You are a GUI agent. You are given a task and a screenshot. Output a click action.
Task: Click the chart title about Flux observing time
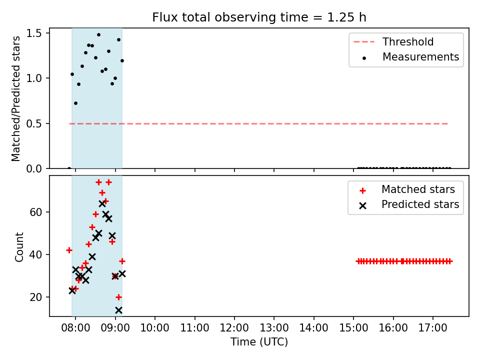[x=259, y=17]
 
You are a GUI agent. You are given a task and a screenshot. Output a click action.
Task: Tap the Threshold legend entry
[x=393, y=41]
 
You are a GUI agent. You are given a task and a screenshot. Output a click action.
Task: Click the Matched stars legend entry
[x=407, y=189]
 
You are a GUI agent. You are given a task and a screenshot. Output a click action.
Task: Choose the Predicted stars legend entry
[x=409, y=204]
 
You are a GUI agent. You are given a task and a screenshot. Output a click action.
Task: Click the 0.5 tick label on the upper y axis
[x=33, y=123]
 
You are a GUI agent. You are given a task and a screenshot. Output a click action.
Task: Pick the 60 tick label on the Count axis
[x=35, y=212]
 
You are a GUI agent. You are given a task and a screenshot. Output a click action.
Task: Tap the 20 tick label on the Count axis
[x=35, y=297]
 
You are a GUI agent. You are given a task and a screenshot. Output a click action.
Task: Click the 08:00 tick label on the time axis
[x=75, y=328]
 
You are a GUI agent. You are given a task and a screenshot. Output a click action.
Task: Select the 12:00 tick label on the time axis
[x=234, y=328]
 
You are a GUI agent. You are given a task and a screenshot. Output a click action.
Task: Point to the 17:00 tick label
[x=433, y=328]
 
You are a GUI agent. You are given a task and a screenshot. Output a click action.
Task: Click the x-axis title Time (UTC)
[x=259, y=341]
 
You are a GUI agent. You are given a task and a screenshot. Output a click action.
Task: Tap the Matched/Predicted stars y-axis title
[x=15, y=98]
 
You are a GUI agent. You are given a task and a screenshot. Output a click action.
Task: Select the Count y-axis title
[x=19, y=247]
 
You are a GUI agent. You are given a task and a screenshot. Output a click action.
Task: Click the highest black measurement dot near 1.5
[x=98, y=35]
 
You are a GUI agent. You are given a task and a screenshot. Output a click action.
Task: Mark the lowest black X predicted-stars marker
[x=118, y=310]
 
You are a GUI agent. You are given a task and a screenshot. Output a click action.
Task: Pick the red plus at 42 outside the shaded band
[x=69, y=250]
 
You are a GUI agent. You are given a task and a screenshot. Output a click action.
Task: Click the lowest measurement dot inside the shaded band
[x=75, y=103]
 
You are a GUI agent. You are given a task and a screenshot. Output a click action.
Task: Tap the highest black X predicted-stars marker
[x=102, y=203]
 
